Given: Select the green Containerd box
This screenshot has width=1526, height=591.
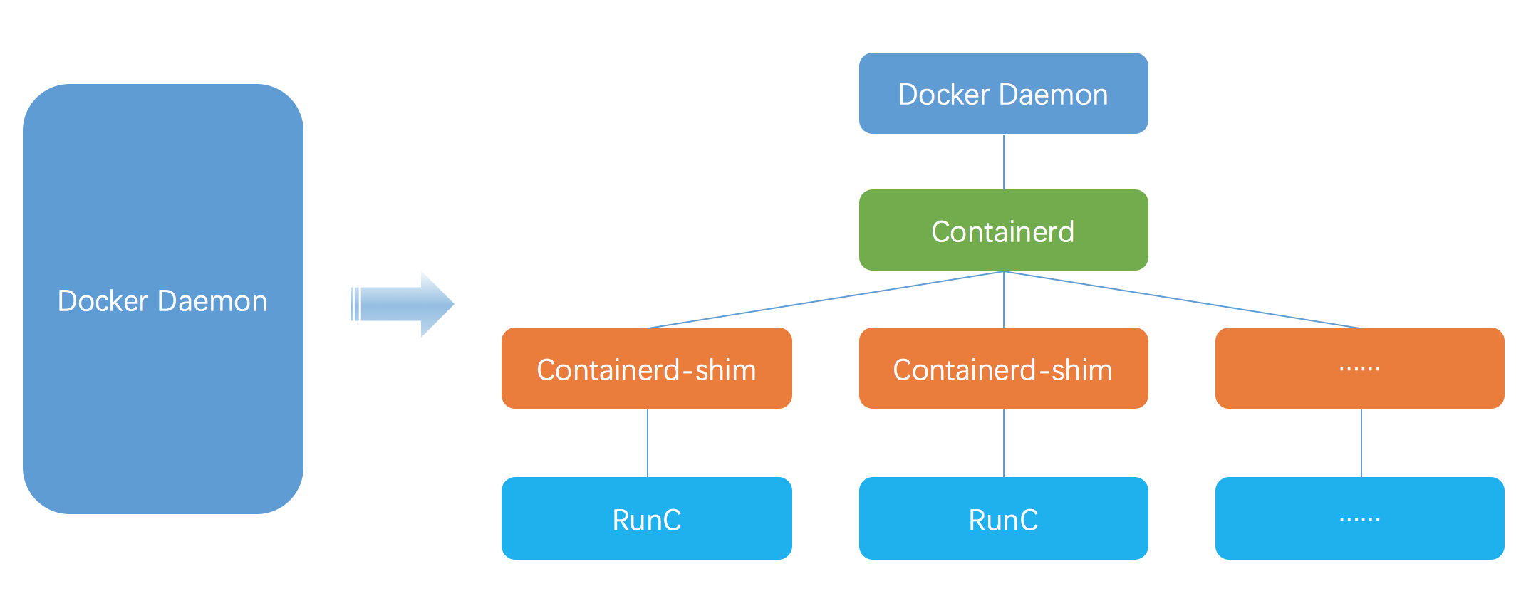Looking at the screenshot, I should [1003, 230].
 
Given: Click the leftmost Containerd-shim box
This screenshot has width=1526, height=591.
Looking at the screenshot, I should [646, 368].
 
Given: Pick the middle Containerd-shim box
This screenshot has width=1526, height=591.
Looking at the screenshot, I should [1003, 368].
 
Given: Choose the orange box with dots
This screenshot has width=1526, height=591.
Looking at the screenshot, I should [1359, 368].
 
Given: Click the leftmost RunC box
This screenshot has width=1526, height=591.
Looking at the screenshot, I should [646, 518].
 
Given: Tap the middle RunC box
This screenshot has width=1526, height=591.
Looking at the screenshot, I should [1003, 518].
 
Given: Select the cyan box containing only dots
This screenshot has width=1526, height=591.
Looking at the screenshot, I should [1359, 518].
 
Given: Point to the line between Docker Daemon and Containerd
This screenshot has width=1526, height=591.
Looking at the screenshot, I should [1004, 162].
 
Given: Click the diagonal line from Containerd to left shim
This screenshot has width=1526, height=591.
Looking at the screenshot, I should [826, 299].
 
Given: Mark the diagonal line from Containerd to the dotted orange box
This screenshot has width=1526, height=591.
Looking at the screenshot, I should [1183, 299].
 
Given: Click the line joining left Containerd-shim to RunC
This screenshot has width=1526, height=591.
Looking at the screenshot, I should [648, 443].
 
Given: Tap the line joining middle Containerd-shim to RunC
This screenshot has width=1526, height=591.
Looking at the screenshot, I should [1004, 443].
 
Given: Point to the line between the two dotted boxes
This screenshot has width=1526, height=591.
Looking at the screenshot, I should [1361, 443].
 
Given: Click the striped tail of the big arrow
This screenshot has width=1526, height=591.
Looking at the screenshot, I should [355, 304].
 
